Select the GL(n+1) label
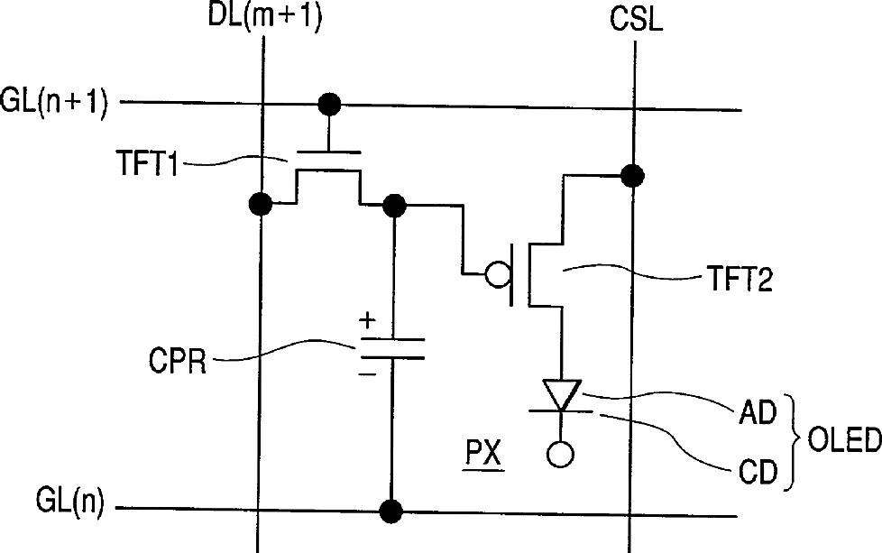coord(55,103)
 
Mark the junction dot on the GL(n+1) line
coord(331,104)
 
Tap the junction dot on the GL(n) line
coord(390,512)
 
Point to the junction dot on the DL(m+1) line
coord(262,205)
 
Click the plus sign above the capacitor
coord(367,319)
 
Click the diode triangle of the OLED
coord(560,393)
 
